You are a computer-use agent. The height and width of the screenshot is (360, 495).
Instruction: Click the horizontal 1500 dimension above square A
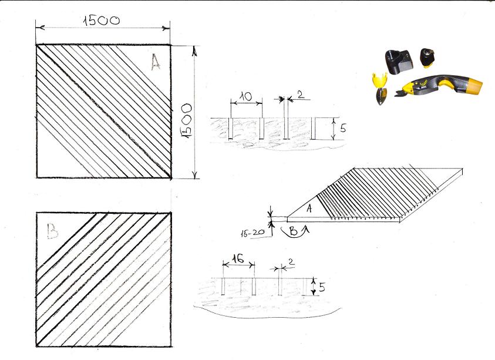[x=102, y=21]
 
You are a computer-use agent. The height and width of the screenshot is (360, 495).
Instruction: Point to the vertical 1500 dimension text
[x=186, y=120]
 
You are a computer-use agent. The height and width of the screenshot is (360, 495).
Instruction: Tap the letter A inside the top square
[x=156, y=62]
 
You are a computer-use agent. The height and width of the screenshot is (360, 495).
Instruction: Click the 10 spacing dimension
[x=245, y=96]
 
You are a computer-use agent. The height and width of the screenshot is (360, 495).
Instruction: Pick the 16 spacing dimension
[x=238, y=258]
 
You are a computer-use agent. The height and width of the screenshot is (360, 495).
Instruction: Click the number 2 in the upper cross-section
[x=301, y=95]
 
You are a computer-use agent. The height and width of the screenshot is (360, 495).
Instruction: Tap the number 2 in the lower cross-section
[x=291, y=261]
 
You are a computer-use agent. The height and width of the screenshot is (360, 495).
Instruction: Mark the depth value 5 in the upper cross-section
[x=343, y=128]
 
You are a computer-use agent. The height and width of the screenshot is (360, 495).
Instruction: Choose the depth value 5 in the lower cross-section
[x=322, y=287]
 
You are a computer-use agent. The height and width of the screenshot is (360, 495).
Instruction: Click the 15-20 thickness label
[x=252, y=233]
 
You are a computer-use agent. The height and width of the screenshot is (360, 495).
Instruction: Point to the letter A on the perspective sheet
[x=309, y=208]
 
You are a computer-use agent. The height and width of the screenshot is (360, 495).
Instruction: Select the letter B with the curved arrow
[x=293, y=231]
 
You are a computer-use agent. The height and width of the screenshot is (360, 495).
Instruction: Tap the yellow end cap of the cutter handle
[x=473, y=86]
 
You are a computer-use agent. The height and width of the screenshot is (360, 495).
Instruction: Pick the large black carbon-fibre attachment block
[x=399, y=62]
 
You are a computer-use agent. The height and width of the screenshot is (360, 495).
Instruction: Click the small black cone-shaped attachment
[x=427, y=57]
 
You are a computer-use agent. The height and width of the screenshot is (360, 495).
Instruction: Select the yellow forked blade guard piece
[x=379, y=80]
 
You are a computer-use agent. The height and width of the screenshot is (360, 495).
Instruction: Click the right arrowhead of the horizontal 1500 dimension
[x=166, y=28]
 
